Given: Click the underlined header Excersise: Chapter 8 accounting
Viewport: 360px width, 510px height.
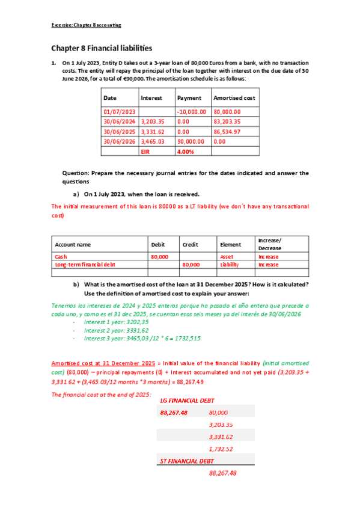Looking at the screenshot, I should pyautogui.click(x=86, y=25).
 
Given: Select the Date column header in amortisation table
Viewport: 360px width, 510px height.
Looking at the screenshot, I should pyautogui.click(x=110, y=97).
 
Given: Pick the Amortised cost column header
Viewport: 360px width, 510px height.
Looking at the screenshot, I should pyautogui.click(x=234, y=97).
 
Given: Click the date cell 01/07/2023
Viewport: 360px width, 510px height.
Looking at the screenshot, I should pyautogui.click(x=120, y=112).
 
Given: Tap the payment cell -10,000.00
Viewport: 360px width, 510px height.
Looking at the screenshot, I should pyautogui.click(x=192, y=112).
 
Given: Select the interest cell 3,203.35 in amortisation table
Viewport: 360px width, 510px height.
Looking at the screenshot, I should pyautogui.click(x=153, y=121).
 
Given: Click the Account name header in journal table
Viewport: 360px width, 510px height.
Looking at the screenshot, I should pyautogui.click(x=73, y=245).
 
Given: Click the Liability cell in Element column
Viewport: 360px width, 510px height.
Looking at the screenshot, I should pyautogui.click(x=230, y=264).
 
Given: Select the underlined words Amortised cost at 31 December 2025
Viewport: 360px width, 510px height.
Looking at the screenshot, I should pyautogui.click(x=102, y=363).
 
